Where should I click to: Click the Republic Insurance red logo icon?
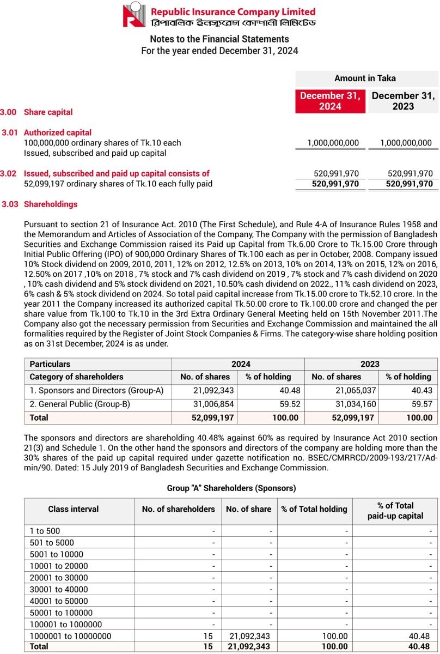point(134,15)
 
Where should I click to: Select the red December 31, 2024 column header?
point(330,101)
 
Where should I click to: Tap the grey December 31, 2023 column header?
point(403,101)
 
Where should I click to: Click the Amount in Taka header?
point(365,78)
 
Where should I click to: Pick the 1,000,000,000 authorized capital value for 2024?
point(333,143)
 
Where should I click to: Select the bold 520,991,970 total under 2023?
point(409,184)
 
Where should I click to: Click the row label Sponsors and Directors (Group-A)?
point(96,391)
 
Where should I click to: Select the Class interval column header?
point(74,509)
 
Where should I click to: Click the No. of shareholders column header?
point(178,509)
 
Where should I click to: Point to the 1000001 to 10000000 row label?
point(70,636)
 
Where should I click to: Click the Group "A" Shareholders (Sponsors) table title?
point(231,488)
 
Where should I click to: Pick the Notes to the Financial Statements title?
point(219,39)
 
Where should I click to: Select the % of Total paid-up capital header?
point(395,511)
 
